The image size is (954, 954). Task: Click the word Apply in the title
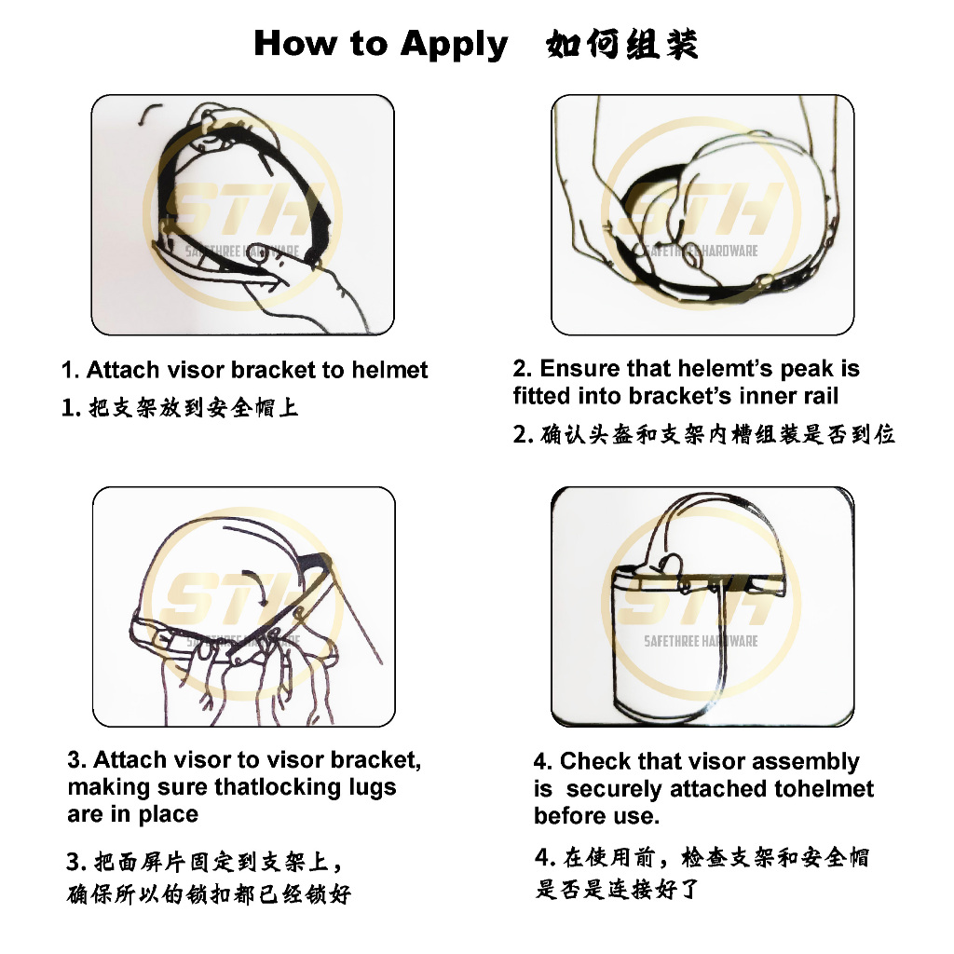[x=454, y=46]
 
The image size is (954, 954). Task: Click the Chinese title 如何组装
[x=621, y=44]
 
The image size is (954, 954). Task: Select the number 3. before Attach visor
[x=76, y=760]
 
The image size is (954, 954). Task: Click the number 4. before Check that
[x=543, y=762]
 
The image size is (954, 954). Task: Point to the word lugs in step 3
[x=373, y=788]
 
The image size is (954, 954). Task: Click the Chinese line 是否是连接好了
[x=617, y=889]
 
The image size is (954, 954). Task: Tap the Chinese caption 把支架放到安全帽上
[x=194, y=407]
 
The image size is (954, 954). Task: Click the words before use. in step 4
[x=596, y=816]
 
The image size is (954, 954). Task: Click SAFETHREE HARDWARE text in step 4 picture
[x=701, y=641]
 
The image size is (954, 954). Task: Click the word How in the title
[x=294, y=44]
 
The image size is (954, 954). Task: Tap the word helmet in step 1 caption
[x=389, y=370]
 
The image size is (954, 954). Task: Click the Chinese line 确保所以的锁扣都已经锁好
[x=209, y=893]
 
